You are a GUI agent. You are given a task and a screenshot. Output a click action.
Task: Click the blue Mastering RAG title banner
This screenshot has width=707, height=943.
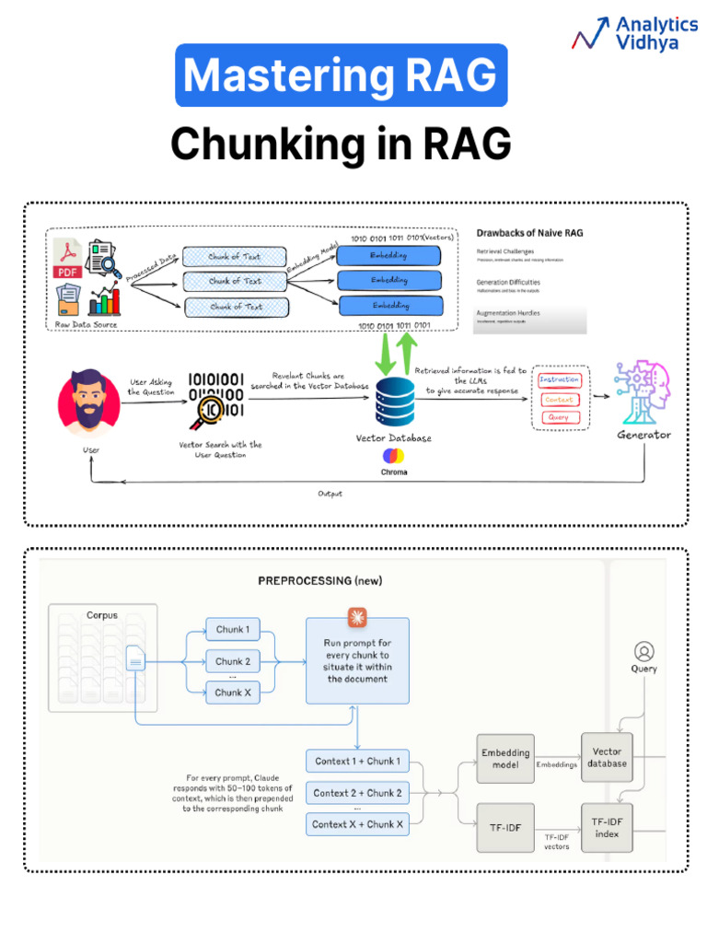tap(341, 76)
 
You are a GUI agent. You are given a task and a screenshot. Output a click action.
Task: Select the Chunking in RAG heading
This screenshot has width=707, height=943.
tap(341, 144)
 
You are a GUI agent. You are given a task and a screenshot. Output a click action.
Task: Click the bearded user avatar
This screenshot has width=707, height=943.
tap(88, 402)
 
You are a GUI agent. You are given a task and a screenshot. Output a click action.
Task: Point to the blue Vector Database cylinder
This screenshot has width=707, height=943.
tap(393, 400)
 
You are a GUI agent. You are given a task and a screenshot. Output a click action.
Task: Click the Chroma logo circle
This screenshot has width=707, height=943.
tap(393, 456)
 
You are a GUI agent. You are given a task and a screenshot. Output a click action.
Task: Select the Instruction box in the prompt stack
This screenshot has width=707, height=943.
tap(560, 380)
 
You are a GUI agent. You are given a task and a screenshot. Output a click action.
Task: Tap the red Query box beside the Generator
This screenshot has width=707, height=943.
tap(559, 417)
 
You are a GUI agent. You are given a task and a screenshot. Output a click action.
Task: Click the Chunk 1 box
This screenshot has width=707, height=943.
tap(232, 630)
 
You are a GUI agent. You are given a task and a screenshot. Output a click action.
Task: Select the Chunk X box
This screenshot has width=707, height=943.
tap(232, 692)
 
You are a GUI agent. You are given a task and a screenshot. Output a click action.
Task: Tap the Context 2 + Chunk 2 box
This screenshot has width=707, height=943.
tap(357, 793)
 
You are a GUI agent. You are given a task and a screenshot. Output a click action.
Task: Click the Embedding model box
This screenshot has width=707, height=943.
tap(505, 758)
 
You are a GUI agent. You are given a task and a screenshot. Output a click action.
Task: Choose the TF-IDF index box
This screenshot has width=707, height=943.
tap(607, 827)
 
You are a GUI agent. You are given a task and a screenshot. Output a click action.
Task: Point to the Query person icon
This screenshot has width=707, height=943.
tap(643, 650)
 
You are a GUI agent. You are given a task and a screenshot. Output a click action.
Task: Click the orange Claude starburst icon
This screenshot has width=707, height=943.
tap(356, 615)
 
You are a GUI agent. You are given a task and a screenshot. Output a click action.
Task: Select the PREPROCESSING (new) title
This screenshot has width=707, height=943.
tap(319, 581)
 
